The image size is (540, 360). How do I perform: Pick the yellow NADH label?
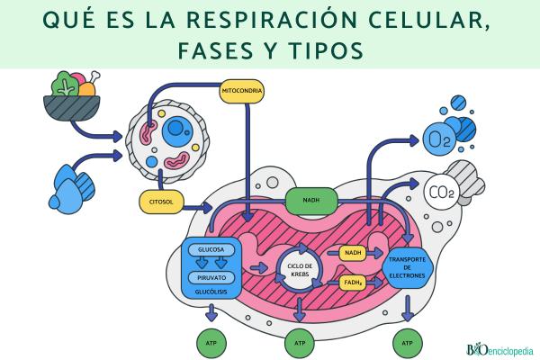pyautogui.click(x=353, y=253)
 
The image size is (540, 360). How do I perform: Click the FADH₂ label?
pyautogui.click(x=354, y=284)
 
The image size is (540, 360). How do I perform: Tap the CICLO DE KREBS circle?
pyautogui.click(x=300, y=269)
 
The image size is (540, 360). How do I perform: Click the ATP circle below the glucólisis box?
pyautogui.click(x=210, y=343)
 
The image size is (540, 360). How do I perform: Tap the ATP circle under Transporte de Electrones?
pyautogui.click(x=408, y=343)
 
